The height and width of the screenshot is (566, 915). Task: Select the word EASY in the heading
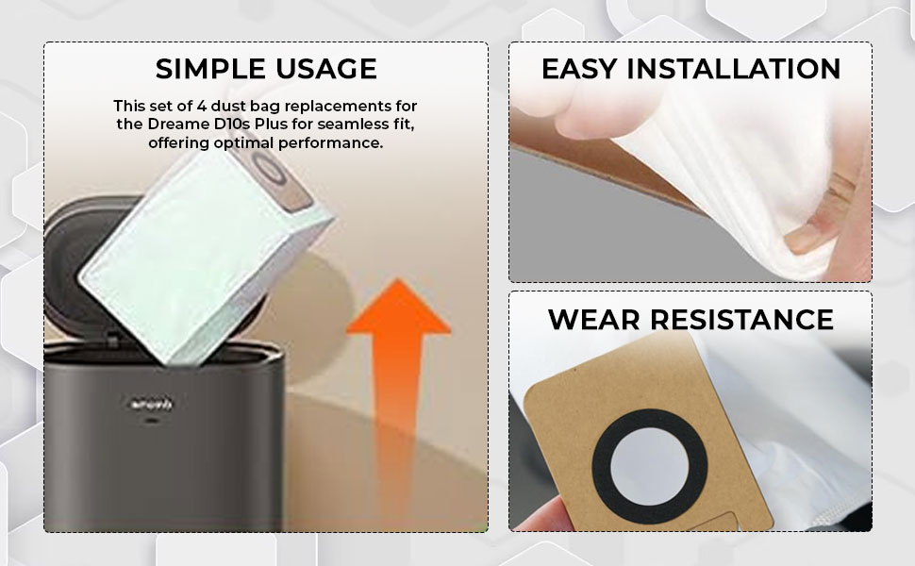pyautogui.click(x=579, y=69)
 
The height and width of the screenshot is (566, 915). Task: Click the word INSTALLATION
pyautogui.click(x=734, y=69)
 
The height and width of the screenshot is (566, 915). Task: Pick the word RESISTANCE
pyautogui.click(x=741, y=320)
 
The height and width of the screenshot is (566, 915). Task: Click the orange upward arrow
pyautogui.click(x=399, y=374)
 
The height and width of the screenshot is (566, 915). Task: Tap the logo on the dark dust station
pyautogui.click(x=151, y=403)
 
